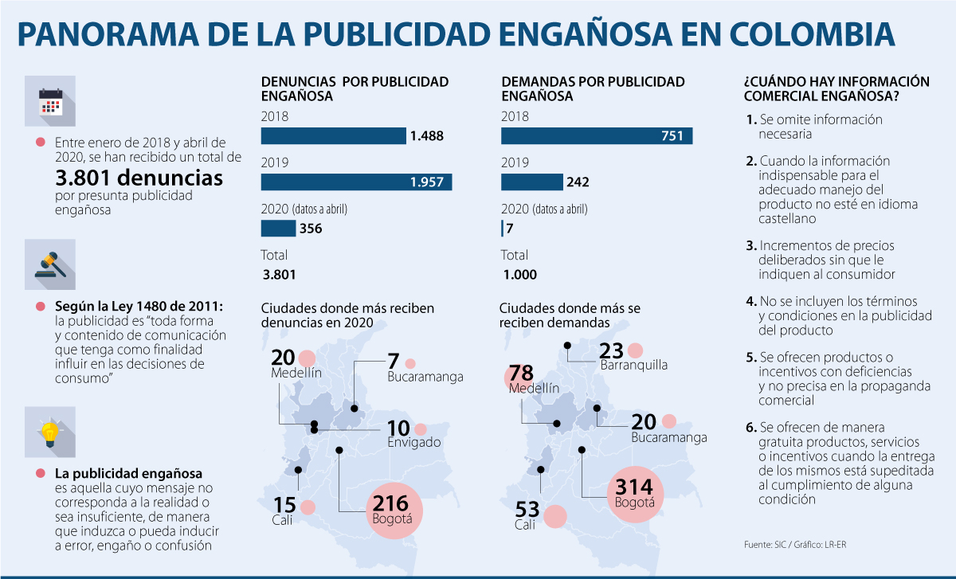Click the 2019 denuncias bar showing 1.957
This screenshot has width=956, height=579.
[x=356, y=182]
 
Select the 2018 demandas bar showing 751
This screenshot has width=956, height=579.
[x=596, y=135]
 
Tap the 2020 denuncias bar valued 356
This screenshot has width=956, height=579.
[x=278, y=229]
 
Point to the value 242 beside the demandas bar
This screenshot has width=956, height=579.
[x=577, y=182]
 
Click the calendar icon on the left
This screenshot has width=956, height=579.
[x=50, y=101]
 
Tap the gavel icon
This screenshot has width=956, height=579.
[x=50, y=264]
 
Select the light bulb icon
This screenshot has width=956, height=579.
[x=50, y=432]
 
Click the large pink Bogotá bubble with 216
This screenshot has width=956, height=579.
[x=391, y=510]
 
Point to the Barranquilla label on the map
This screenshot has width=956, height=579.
[x=633, y=366]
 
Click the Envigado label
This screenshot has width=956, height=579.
[x=413, y=442]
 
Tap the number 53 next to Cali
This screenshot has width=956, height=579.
[x=527, y=510]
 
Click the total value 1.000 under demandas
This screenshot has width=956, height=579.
[x=519, y=275]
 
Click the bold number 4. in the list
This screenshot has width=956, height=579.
[x=750, y=302]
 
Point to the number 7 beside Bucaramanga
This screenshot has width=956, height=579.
[x=393, y=361]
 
